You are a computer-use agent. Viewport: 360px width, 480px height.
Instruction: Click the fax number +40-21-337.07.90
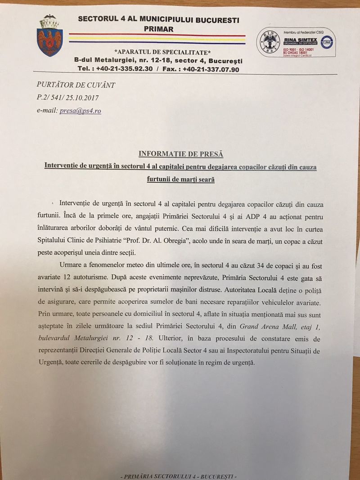pos(211,69)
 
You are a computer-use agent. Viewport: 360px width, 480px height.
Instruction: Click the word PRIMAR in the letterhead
pos(158,29)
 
